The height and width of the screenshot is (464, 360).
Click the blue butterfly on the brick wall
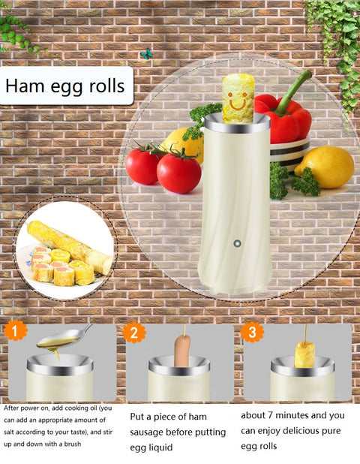point(146,54)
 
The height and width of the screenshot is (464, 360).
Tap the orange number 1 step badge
point(15,331)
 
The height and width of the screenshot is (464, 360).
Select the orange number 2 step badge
point(134,333)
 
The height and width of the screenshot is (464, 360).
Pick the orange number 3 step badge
point(252,332)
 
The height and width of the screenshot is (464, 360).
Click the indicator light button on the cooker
point(237,243)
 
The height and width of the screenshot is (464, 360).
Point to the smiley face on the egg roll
point(238,101)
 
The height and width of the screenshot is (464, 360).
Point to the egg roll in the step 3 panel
point(304,354)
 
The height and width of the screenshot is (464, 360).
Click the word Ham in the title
point(25,86)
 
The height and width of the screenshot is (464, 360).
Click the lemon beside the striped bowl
point(325,167)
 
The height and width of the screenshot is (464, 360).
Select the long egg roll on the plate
point(70,247)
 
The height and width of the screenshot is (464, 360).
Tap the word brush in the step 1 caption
point(73,444)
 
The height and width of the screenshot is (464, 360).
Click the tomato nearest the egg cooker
point(178,173)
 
